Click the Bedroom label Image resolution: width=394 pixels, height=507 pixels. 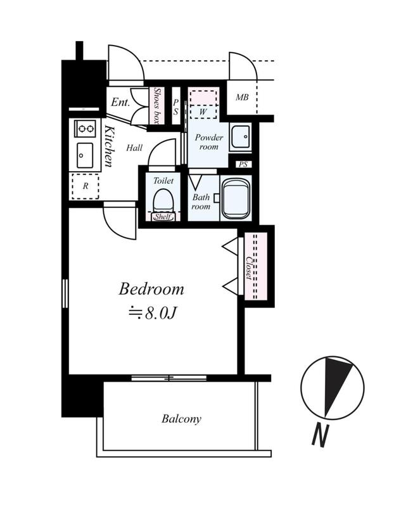click(x=151, y=289)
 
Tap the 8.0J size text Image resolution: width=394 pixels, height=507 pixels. click(x=161, y=312)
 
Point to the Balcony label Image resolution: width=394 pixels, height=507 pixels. click(x=181, y=419)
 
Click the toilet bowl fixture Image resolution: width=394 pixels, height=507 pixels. click(x=163, y=200)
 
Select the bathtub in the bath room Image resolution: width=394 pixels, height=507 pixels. click(x=235, y=198)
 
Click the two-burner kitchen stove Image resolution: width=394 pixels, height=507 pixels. click(x=86, y=129)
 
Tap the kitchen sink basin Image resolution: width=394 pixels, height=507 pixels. click(x=85, y=155)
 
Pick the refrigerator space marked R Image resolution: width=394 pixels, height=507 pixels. click(x=86, y=186)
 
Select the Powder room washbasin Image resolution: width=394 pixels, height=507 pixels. click(x=240, y=137)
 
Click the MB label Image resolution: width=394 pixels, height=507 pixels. click(x=242, y=97)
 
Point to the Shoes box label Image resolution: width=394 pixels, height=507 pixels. click(x=157, y=105)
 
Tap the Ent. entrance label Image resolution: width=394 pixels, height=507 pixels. click(x=120, y=102)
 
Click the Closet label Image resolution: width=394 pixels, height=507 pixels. click(x=249, y=267)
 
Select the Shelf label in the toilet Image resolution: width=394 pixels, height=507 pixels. click(x=163, y=217)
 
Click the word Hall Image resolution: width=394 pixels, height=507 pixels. click(x=134, y=148)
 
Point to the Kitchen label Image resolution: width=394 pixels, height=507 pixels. click(x=109, y=146)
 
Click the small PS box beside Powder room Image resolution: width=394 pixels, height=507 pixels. click(x=243, y=164)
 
